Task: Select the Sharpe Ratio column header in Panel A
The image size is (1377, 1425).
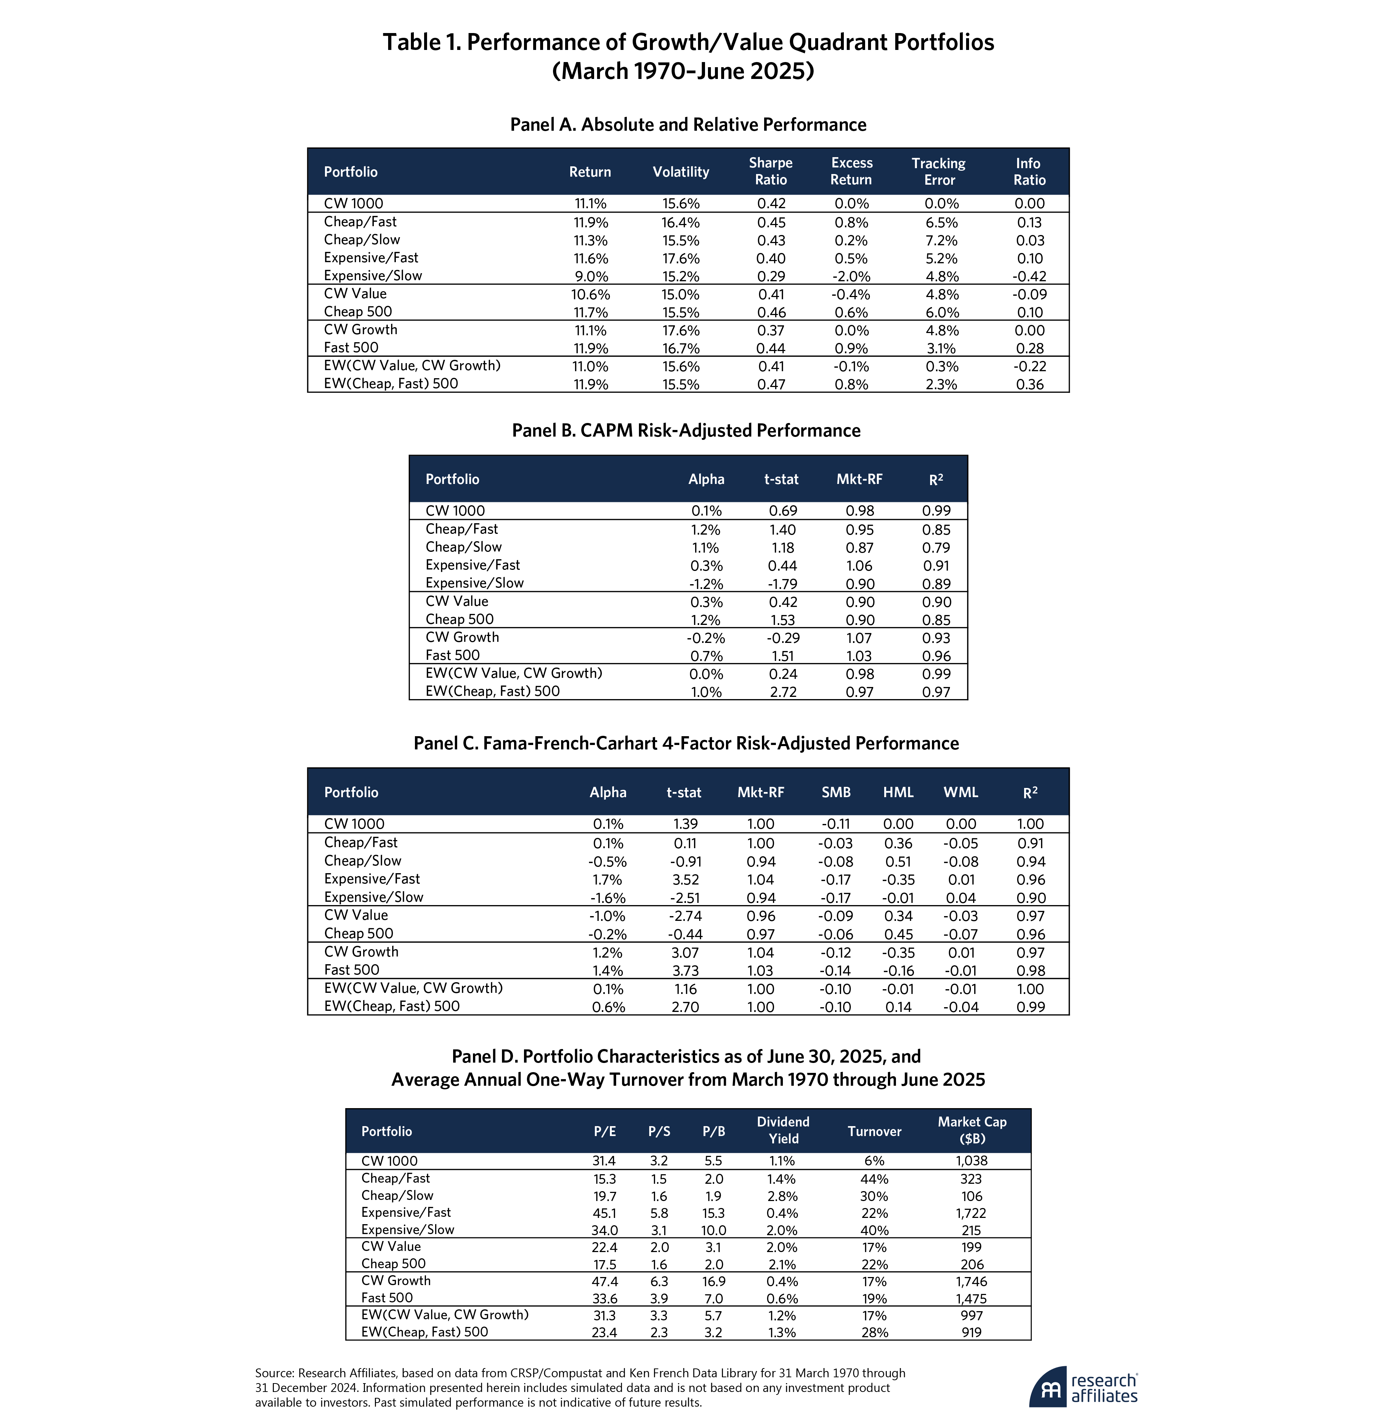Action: point(771,171)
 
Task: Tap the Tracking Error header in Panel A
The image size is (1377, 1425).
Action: point(939,171)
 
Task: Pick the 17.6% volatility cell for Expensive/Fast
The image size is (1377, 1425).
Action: point(680,258)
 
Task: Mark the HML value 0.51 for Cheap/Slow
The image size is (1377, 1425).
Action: point(898,861)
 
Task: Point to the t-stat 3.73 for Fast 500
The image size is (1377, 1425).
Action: point(683,970)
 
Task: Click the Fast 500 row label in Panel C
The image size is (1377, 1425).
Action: point(352,970)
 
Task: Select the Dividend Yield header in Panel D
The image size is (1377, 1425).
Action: point(783,1131)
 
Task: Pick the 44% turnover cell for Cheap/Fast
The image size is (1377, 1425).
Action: point(874,1179)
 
